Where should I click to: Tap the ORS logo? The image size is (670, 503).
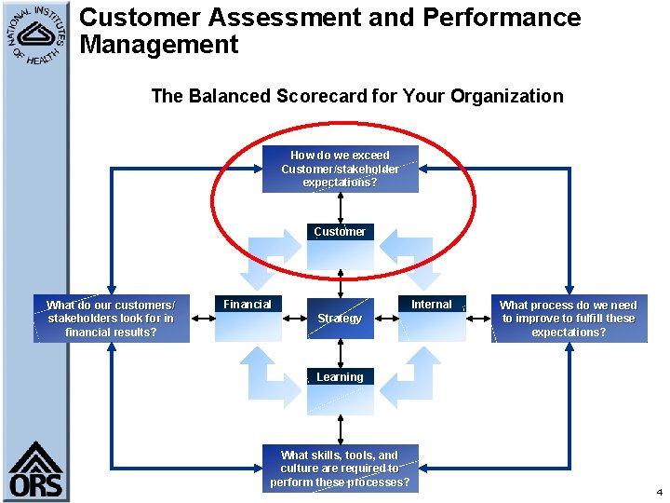click(35, 470)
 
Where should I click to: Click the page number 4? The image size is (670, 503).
click(659, 491)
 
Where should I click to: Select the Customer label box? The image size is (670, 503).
click(340, 231)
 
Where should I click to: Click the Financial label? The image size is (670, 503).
click(248, 304)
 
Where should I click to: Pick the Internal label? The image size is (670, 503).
click(432, 304)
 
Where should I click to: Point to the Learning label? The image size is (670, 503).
click(340, 376)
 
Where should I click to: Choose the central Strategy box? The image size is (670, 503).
click(340, 319)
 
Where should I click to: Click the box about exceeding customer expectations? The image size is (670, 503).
click(340, 169)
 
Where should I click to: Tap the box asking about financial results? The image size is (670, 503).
click(111, 319)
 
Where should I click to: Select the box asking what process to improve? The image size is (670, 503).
click(569, 319)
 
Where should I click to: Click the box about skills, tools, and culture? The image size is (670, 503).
click(340, 469)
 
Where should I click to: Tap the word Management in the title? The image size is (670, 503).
click(159, 44)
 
